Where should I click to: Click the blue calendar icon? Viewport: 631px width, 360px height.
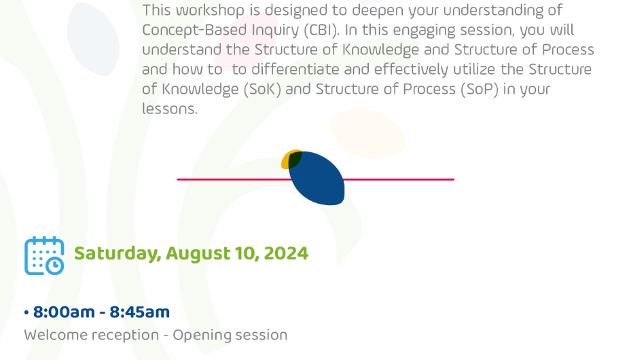[x=44, y=256]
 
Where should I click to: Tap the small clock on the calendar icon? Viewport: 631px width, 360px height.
[x=55, y=266]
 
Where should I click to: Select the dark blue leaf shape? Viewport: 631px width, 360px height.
[x=317, y=178]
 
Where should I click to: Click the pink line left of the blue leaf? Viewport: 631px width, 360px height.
[x=234, y=179]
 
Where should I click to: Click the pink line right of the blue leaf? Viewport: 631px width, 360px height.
[x=399, y=179]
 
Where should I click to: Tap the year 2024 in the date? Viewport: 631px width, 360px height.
[x=286, y=253]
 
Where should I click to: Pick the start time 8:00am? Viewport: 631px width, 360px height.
[x=64, y=312]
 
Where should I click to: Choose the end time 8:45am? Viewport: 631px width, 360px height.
[x=140, y=312]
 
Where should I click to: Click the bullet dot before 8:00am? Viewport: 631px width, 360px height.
[x=26, y=312]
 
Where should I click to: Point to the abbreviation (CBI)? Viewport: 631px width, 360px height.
[x=321, y=30]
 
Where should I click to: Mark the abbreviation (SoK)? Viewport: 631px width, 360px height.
[x=263, y=89]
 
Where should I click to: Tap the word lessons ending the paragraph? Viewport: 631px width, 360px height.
[x=170, y=109]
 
